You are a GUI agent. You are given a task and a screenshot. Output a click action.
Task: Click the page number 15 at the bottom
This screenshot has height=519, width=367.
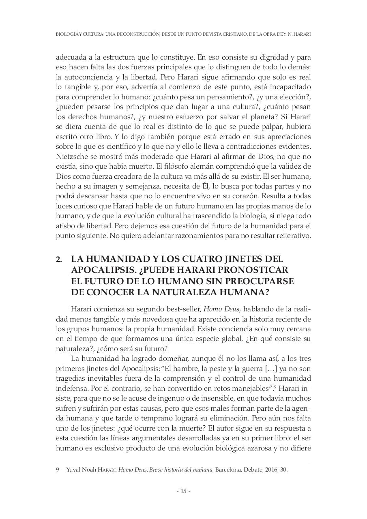(183, 491)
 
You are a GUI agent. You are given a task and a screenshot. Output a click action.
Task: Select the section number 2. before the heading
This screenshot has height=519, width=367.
(59, 259)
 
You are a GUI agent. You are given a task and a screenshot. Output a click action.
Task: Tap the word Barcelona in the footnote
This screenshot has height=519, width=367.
(228, 470)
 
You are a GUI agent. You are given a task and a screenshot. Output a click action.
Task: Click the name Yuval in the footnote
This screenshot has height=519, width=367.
(73, 470)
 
